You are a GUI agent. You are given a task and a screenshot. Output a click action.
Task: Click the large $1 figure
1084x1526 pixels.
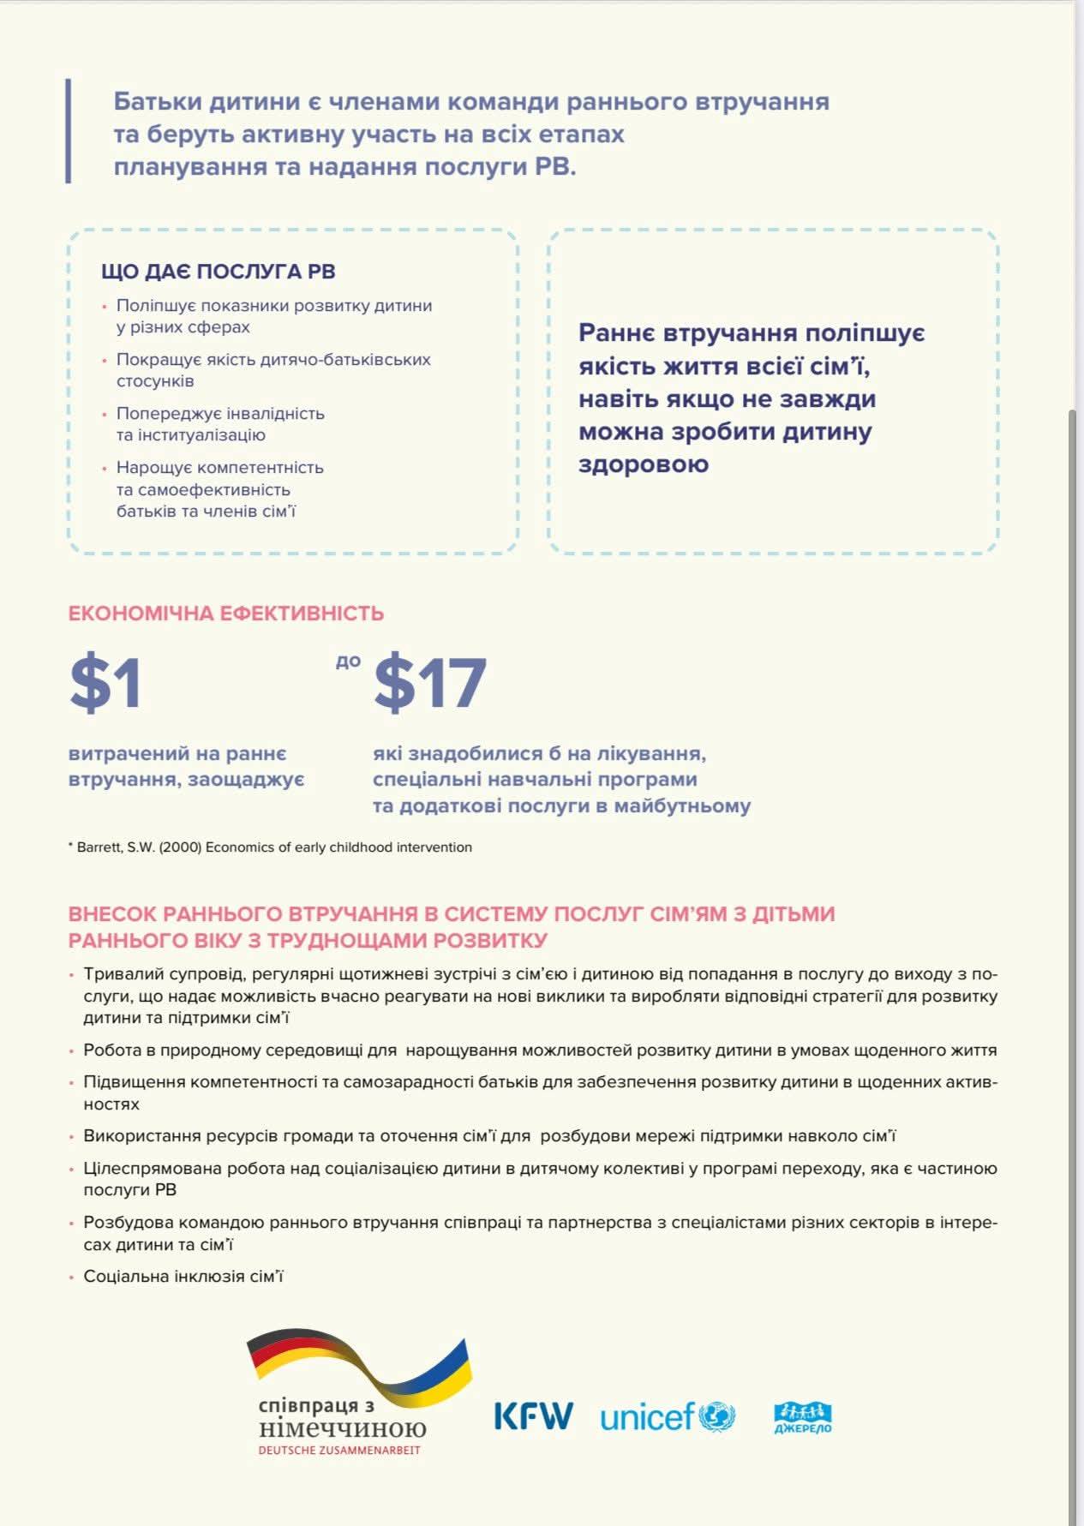click(x=105, y=683)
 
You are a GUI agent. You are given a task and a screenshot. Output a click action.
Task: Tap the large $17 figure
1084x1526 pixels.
click(x=430, y=683)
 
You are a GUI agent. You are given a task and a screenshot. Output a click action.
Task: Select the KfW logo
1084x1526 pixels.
click(x=533, y=1416)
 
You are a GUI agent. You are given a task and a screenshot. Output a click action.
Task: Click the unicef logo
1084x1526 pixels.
click(x=667, y=1417)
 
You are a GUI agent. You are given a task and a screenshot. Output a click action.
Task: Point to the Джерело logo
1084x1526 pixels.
click(x=802, y=1417)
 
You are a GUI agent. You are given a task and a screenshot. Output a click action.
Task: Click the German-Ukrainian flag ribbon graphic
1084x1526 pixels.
click(x=360, y=1364)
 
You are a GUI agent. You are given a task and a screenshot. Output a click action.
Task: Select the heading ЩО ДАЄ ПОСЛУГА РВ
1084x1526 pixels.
click(x=218, y=272)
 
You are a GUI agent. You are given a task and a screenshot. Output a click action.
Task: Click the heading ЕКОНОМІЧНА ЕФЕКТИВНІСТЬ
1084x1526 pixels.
click(x=225, y=613)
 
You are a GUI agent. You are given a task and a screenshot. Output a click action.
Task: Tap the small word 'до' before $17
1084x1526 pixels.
click(x=348, y=661)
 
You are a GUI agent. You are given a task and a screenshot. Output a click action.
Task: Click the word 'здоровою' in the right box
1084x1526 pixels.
click(x=643, y=464)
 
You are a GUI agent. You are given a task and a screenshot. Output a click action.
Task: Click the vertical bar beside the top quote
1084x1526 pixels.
click(x=69, y=130)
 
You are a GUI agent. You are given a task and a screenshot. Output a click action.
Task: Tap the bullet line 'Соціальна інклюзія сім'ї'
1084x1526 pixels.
click(x=183, y=1277)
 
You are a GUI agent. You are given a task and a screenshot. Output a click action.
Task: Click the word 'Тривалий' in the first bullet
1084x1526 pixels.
click(x=117, y=974)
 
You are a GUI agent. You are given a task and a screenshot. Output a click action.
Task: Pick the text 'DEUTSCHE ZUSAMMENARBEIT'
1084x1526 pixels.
click(x=339, y=1451)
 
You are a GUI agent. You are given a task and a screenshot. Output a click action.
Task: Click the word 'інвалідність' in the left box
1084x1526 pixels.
click(x=273, y=414)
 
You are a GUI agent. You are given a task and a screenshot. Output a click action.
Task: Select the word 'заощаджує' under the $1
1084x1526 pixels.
click(x=258, y=780)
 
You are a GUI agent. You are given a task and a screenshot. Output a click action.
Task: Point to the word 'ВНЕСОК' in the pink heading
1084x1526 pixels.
click(x=112, y=914)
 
